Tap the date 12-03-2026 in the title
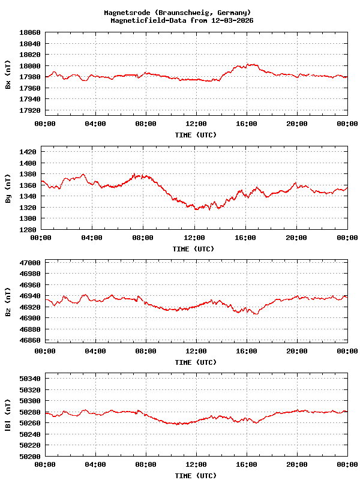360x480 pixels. pos(231,20)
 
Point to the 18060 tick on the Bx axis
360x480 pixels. pos(30,32)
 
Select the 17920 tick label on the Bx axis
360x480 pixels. pos(30,110)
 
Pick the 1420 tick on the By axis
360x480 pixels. pos(30,151)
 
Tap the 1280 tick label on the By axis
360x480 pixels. pos(30,229)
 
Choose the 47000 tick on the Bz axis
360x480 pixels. pos(30,263)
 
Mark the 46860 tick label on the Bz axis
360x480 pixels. pos(30,340)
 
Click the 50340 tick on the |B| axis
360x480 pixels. pos(30,378)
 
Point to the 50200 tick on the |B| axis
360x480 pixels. pos(30,456)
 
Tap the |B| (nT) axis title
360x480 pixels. pos(8,414)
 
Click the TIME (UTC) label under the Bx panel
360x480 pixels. pos(196,135)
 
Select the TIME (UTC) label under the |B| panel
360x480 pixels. pos(196,476)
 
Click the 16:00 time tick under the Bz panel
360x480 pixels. pos(247,350)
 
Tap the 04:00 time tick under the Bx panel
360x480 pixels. pos(95,124)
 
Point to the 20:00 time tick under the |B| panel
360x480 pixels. pos(297,464)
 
